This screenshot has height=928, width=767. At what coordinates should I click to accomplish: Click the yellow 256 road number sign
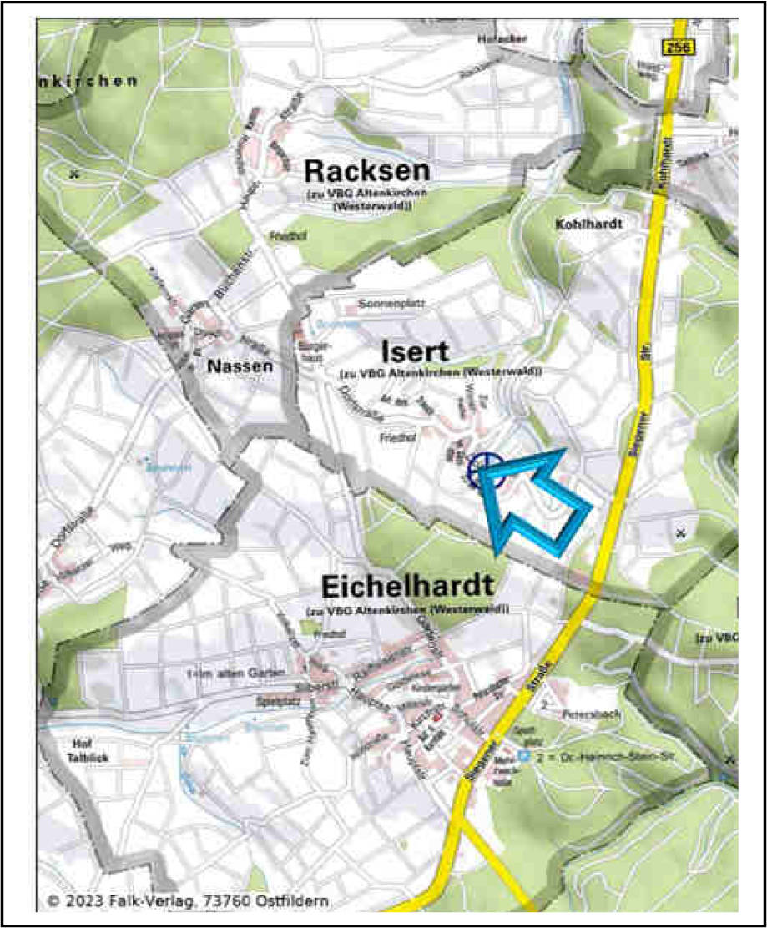point(678,49)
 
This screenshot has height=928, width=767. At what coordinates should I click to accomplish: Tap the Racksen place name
point(366,171)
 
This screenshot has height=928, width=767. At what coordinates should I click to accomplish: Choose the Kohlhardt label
point(588,224)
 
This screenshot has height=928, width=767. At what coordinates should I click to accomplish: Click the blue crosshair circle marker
point(483,471)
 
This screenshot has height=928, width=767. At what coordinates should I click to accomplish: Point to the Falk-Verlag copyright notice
point(188,901)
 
